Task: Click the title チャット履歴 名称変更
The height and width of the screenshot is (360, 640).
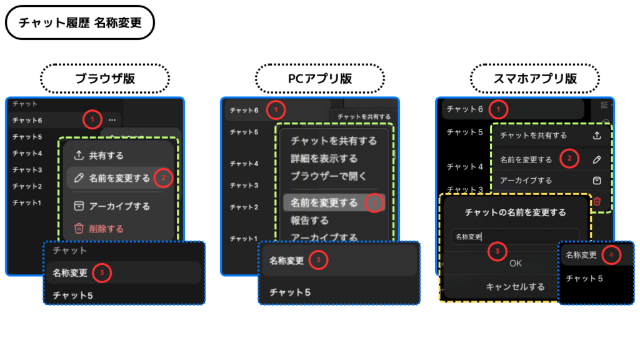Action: (79, 23)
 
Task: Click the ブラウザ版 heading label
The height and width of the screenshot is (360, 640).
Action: (105, 79)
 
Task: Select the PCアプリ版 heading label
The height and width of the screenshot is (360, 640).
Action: (319, 79)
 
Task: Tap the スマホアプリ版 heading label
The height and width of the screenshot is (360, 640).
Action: (534, 79)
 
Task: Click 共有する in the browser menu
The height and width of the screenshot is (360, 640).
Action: (106, 156)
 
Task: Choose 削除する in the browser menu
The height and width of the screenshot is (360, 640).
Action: (106, 229)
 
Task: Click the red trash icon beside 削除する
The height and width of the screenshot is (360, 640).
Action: (79, 229)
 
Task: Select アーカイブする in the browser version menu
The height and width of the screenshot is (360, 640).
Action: (119, 206)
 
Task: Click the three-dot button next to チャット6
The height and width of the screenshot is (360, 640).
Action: (112, 119)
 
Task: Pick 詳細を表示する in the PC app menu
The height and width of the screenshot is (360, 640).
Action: (324, 159)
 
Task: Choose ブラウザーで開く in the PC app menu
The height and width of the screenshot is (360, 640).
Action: (328, 176)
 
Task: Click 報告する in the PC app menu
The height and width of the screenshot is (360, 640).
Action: (309, 220)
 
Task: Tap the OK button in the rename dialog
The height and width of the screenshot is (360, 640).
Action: (515, 263)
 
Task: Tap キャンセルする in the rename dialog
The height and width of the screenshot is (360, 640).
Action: (515, 287)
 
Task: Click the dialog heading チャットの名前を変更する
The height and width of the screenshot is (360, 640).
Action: (515, 212)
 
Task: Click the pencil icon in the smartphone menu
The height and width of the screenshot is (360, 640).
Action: (597, 159)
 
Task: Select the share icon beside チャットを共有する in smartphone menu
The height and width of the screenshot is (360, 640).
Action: (597, 135)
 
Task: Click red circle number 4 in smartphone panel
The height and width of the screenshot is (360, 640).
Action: (611, 255)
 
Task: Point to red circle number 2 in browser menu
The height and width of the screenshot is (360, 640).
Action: (163, 178)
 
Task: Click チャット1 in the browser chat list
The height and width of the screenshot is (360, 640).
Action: (27, 202)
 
